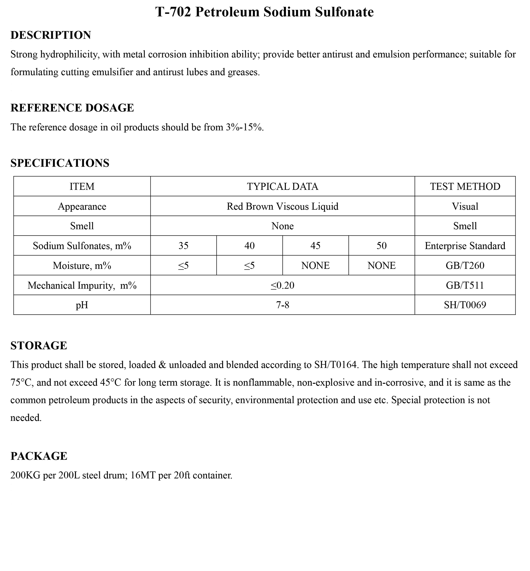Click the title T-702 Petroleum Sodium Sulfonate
tap(264, 12)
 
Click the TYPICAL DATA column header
tap(283, 187)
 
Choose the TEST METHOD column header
tap(465, 187)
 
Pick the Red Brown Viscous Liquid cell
tap(283, 206)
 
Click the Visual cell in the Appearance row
tap(465, 206)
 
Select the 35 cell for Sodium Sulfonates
tap(184, 246)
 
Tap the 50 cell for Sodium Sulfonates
tap(381, 246)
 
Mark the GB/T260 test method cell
tap(465, 265)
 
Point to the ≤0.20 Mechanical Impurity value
tap(283, 285)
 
